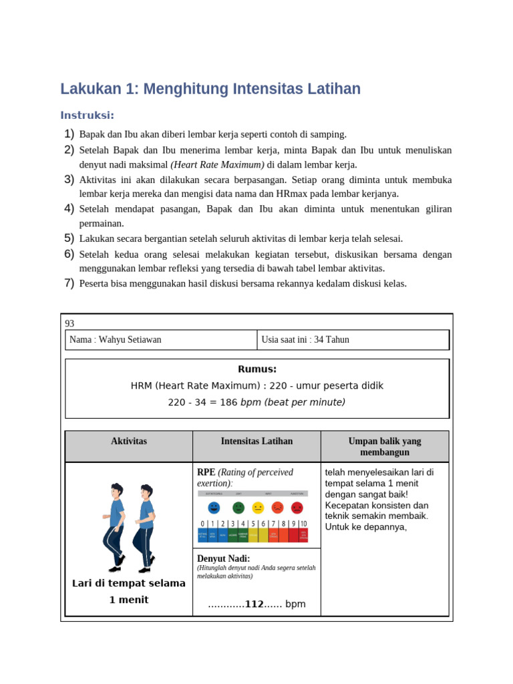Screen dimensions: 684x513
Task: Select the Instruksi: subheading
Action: (x=88, y=115)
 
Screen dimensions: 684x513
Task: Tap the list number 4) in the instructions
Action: (x=69, y=209)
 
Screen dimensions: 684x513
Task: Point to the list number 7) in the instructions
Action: (x=69, y=283)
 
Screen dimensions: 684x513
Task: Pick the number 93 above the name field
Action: (x=69, y=323)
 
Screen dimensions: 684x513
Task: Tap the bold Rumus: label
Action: (x=256, y=369)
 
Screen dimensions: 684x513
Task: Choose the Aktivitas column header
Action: (x=129, y=442)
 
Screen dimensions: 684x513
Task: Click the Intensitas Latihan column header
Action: (x=256, y=442)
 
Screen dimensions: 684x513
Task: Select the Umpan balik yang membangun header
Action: (x=385, y=447)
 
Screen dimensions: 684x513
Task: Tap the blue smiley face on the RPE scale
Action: (x=214, y=508)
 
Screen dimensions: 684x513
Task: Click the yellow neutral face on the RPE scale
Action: (x=258, y=508)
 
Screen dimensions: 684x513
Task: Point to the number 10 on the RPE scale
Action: (x=303, y=524)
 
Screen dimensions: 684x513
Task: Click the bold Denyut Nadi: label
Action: (x=223, y=558)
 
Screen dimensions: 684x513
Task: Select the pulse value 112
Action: (x=254, y=604)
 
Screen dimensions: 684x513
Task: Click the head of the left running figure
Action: (x=117, y=490)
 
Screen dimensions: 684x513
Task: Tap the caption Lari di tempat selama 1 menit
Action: (x=129, y=591)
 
